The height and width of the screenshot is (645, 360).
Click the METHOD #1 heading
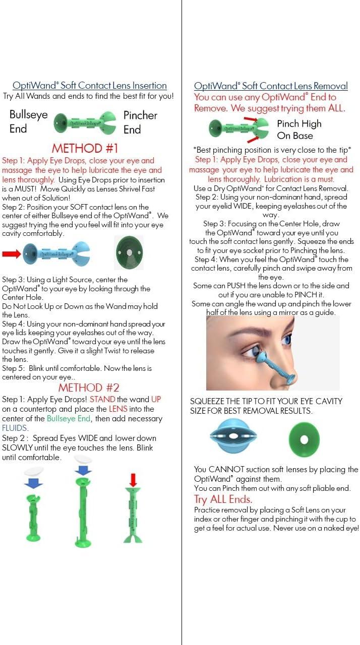point(85,148)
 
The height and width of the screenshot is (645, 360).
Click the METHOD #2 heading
point(89,388)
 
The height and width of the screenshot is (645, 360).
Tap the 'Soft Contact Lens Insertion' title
point(89,86)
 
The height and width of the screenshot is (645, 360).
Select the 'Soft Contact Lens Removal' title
point(271,86)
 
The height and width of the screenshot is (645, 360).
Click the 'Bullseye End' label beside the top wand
point(28,121)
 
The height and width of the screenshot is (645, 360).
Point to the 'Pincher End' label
point(140,122)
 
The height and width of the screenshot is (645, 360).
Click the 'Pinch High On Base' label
point(298,130)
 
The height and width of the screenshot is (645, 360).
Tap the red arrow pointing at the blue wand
point(12,253)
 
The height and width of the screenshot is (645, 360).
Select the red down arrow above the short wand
point(133,479)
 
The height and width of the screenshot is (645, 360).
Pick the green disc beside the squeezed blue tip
point(304,439)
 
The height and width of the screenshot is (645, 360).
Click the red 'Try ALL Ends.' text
point(223,499)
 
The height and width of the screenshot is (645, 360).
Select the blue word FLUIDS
point(16,428)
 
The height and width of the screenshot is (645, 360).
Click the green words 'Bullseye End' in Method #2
point(69,418)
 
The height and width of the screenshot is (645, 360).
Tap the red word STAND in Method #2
point(102,399)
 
